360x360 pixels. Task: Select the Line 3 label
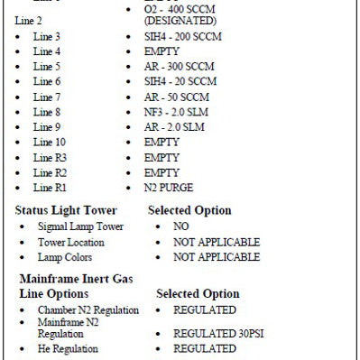coord(48,35)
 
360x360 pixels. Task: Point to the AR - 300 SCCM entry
coord(180,66)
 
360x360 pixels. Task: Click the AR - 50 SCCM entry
coord(178,97)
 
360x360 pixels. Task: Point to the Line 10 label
coord(51,143)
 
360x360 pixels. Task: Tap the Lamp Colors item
coord(64,257)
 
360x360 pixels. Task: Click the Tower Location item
coord(71,242)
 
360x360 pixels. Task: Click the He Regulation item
coord(69,348)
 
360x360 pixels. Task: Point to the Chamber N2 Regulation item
coord(88,310)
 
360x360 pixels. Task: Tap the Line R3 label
coord(51,158)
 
